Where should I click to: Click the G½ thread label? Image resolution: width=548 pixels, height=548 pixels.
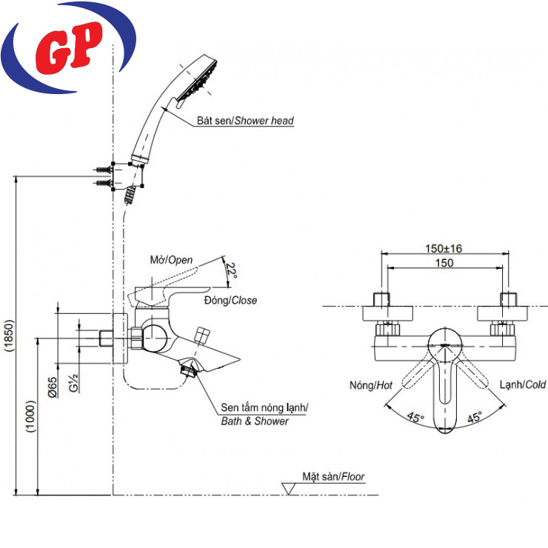point(74,384)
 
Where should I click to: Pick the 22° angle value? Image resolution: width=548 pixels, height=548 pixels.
point(232,271)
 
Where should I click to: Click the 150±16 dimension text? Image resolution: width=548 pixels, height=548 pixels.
point(446,249)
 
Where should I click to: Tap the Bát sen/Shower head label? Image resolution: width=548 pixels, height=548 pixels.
point(245,121)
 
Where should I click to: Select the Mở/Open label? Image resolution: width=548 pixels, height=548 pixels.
point(171,259)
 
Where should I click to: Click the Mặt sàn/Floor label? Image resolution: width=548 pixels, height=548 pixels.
point(333,478)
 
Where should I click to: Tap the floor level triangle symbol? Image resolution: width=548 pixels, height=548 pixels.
point(290,488)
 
